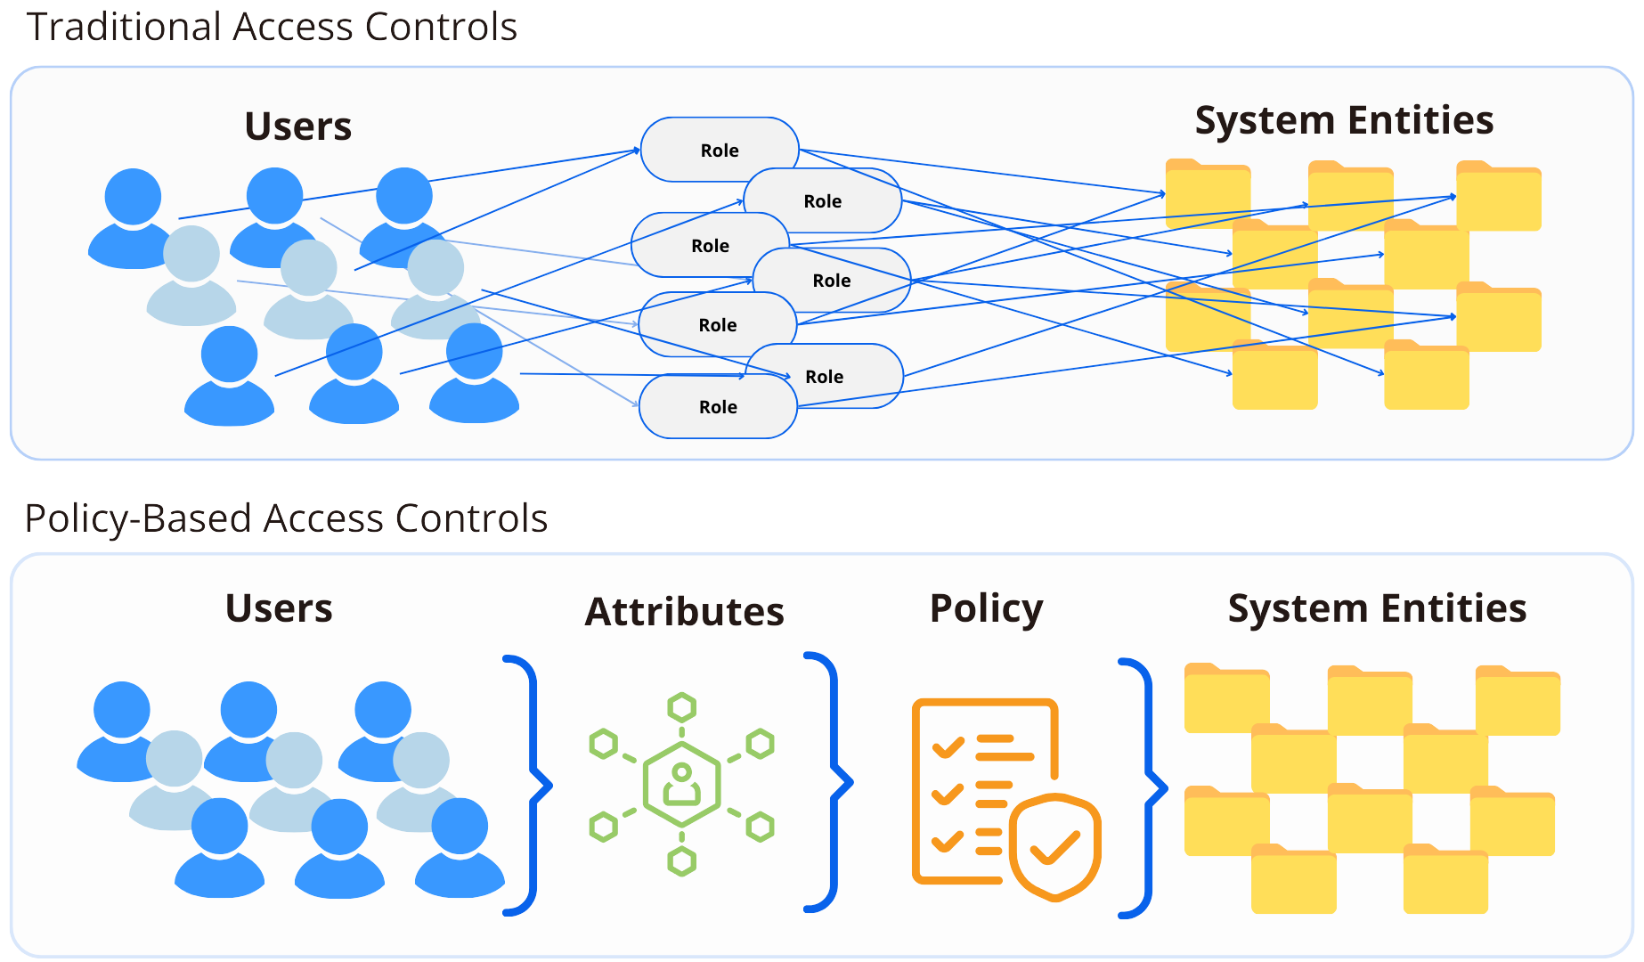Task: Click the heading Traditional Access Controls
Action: coord(272,27)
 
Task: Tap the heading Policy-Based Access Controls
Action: coord(286,518)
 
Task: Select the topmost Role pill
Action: coord(719,150)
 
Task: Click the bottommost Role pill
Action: coord(718,407)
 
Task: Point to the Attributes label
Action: coord(684,612)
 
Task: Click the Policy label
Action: coord(986,609)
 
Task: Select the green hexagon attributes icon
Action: coord(681,785)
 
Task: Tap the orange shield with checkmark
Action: coord(1055,847)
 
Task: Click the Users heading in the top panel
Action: coord(298,126)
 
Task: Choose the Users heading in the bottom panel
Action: coord(279,608)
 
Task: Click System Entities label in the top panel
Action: coord(1344,120)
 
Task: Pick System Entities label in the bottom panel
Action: coord(1377,608)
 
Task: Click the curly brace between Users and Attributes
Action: coord(531,785)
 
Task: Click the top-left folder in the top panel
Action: coord(1207,192)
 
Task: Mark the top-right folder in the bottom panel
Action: coord(1518,701)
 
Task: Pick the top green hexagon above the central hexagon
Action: coord(682,708)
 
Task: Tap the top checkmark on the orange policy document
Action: coord(948,746)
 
